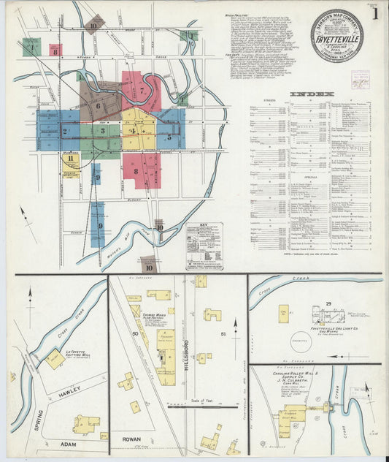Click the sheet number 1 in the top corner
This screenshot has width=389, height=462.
374,12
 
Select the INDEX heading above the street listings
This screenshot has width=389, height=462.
312,94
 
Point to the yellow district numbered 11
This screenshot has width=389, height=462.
70,159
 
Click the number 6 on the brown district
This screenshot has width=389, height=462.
98,105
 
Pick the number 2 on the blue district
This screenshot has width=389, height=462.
65,132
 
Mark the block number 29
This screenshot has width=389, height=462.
328,304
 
